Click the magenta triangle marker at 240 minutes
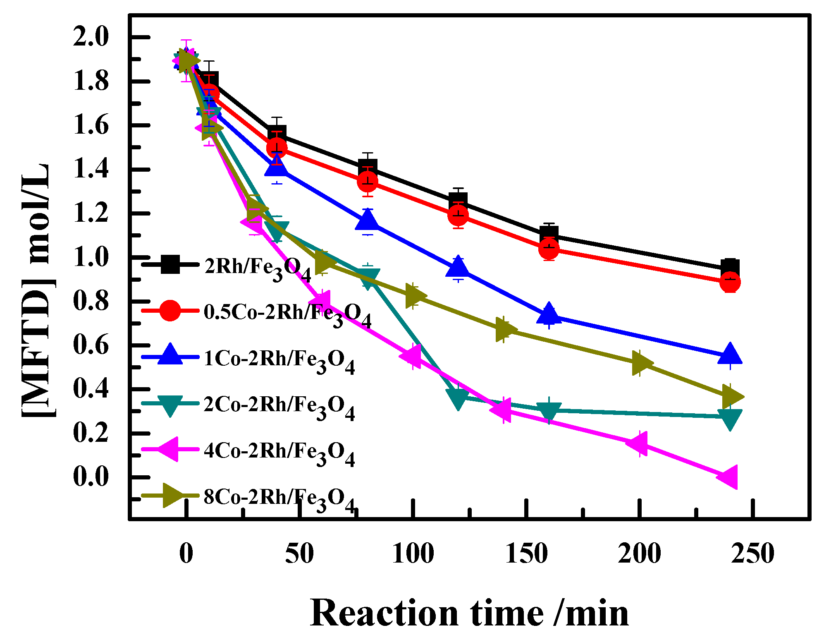pos(728,477)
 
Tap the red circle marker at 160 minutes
pos(549,249)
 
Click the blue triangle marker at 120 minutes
pos(458,268)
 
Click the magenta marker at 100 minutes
pos(412,356)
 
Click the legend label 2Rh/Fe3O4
pos(257,267)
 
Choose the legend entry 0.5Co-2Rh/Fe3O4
pos(287,313)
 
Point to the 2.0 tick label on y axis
pos(91,37)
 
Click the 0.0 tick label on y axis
pos(91,477)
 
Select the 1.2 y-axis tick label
pos(91,213)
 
